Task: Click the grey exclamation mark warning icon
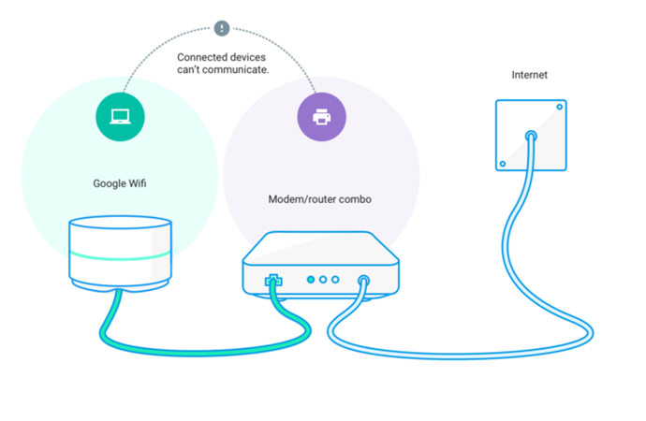(222, 28)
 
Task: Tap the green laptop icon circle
(120, 117)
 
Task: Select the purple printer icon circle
(322, 117)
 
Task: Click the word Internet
(529, 75)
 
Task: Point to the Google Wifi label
(120, 183)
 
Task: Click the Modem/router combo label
(319, 199)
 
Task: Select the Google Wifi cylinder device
(120, 254)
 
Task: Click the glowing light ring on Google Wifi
(120, 256)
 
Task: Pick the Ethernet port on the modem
(273, 281)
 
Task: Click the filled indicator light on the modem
(311, 280)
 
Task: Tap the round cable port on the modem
(363, 281)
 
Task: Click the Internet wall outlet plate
(531, 135)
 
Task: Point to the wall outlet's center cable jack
(531, 136)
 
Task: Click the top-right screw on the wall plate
(560, 107)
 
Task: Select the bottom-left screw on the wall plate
(503, 164)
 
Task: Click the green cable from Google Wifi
(202, 353)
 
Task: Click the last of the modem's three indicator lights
(335, 280)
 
